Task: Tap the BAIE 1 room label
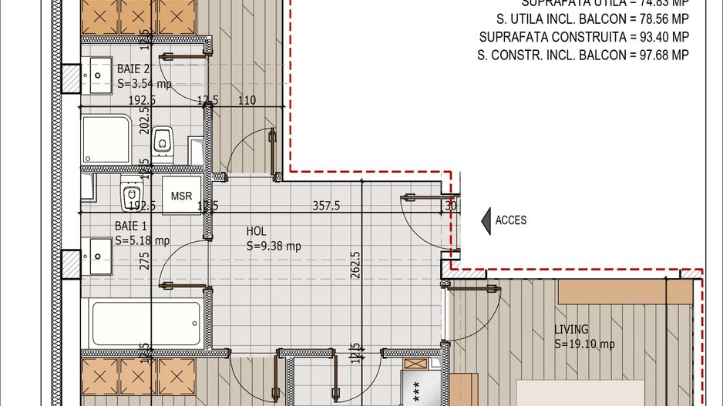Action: tap(131, 226)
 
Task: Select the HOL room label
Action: tap(257, 231)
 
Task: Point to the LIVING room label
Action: tap(571, 330)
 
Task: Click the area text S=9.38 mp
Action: tap(274, 247)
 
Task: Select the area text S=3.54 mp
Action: tap(144, 84)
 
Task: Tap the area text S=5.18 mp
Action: tap(143, 241)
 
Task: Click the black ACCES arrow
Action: tap(486, 220)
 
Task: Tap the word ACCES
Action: tap(510, 220)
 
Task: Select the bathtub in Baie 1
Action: tap(147, 324)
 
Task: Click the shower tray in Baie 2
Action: tap(106, 139)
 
